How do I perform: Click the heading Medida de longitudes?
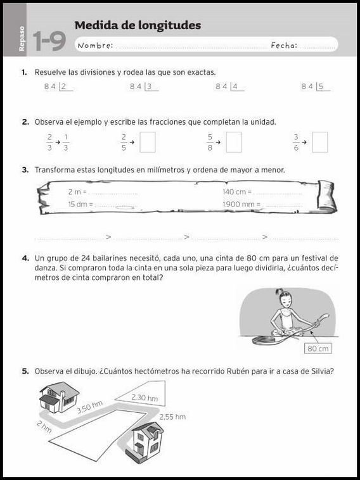[x=138, y=25]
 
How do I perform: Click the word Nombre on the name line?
[x=94, y=46]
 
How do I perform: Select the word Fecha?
[x=284, y=46]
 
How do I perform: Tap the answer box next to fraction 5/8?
[x=234, y=142]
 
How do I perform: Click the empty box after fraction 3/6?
[x=320, y=142]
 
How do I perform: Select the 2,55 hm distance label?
[x=172, y=417]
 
